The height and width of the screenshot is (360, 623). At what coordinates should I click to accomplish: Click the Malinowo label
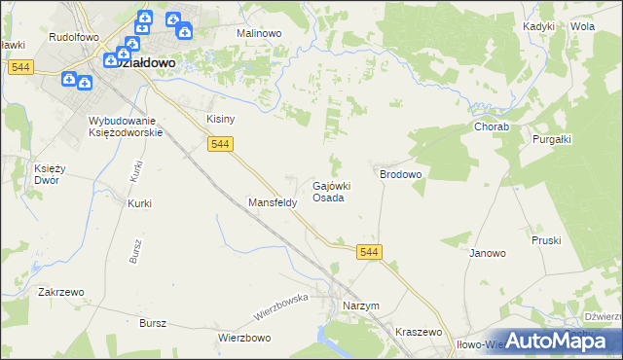click(259, 32)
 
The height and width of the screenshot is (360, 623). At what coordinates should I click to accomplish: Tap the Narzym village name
click(360, 306)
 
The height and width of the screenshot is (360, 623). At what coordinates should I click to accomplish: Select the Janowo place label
click(488, 253)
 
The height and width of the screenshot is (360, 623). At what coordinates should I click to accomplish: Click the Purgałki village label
click(551, 139)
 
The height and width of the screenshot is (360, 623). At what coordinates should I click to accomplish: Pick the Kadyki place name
click(538, 27)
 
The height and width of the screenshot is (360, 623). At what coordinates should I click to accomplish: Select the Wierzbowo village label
click(243, 338)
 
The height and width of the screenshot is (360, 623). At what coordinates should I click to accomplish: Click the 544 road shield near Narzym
click(369, 252)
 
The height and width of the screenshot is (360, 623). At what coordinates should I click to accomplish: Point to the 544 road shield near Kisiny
click(220, 144)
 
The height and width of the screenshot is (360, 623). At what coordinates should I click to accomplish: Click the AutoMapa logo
click(561, 340)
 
